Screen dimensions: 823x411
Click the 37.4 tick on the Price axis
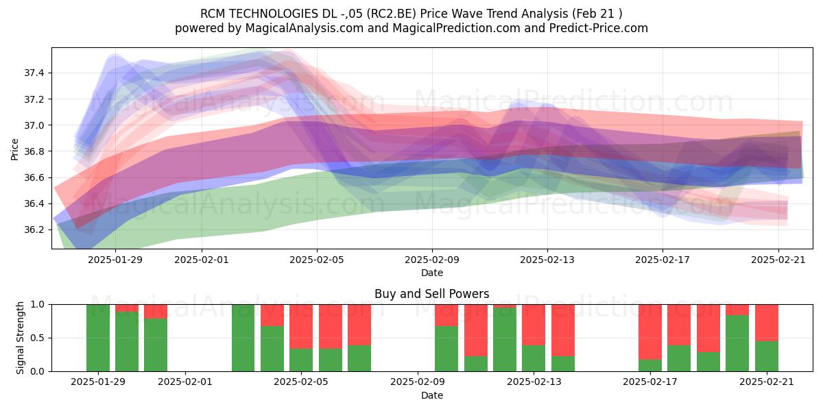(x=34, y=73)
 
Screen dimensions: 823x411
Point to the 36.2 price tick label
(x=34, y=230)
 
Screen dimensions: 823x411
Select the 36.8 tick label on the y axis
(x=34, y=151)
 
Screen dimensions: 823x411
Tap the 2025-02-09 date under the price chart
(x=432, y=260)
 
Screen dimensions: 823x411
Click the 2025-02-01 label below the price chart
(x=202, y=260)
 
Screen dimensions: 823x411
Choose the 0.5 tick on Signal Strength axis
(x=37, y=338)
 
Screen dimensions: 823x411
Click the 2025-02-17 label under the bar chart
(x=650, y=382)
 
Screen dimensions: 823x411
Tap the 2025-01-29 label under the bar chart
(x=98, y=382)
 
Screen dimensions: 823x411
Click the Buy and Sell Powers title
(x=431, y=294)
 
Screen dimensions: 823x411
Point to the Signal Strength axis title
(x=20, y=338)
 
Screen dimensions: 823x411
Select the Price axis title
(x=14, y=149)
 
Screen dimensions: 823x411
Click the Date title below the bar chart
(x=432, y=396)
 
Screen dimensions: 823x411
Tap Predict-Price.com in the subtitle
(x=599, y=28)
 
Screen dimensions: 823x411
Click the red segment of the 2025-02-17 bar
(x=650, y=332)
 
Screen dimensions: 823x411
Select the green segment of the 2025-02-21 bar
(x=767, y=356)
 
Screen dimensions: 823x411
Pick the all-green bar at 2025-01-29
(x=98, y=338)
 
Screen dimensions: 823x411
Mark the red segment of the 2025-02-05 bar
(x=301, y=327)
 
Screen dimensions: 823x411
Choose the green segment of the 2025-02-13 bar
(x=534, y=358)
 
